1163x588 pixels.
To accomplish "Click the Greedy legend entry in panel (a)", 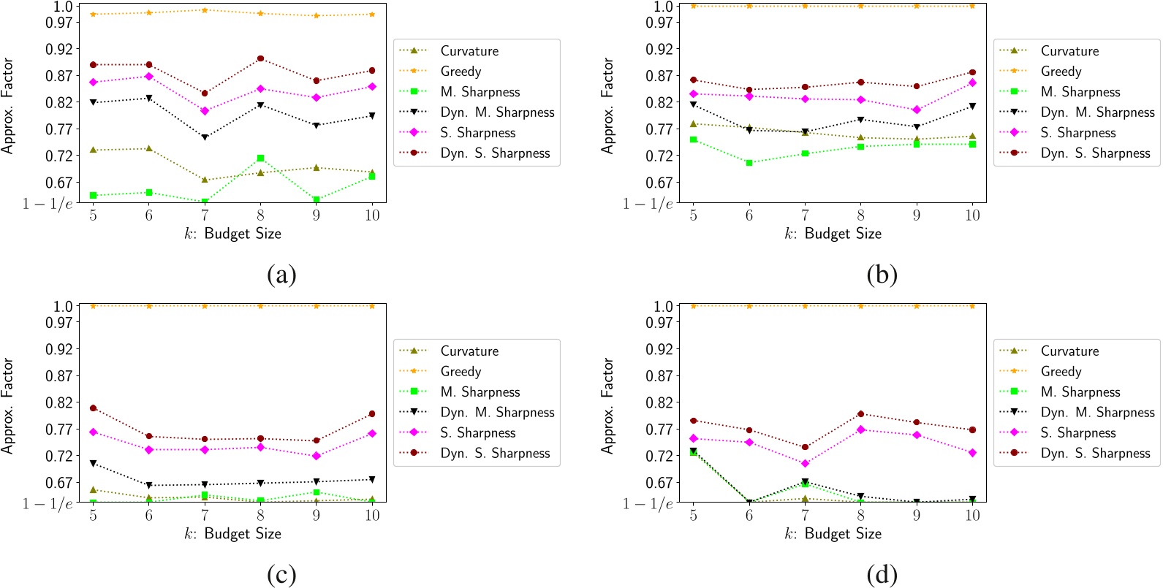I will (x=461, y=72).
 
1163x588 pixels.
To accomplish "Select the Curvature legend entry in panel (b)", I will (x=1069, y=51).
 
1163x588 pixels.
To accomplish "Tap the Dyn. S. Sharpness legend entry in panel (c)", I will (x=495, y=454).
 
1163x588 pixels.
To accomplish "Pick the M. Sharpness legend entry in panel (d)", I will (x=1080, y=392).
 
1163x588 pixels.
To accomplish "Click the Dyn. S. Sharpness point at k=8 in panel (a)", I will (x=260, y=58).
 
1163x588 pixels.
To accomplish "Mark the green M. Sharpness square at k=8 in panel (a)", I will (x=260, y=158).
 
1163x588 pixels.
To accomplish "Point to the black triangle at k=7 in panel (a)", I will (x=205, y=137).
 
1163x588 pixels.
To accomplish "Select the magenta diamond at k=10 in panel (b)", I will (x=972, y=83).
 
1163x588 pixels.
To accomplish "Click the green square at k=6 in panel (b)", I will (x=749, y=163).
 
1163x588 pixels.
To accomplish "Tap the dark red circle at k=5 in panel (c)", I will (x=93, y=408).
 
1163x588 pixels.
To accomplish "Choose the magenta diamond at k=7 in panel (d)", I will (x=805, y=463).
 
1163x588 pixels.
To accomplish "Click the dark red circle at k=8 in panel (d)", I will (x=861, y=414).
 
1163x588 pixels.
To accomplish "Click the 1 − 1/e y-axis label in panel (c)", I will (x=48, y=503).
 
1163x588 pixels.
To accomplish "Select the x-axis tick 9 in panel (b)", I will (x=917, y=215).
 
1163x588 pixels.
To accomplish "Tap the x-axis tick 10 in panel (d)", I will (x=972, y=516).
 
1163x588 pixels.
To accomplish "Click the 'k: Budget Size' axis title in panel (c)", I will (x=232, y=534).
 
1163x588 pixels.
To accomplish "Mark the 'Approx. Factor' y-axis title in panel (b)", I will (x=607, y=106).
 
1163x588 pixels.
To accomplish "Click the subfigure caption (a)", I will (x=281, y=275).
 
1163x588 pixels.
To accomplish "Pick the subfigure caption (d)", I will (x=882, y=576).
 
